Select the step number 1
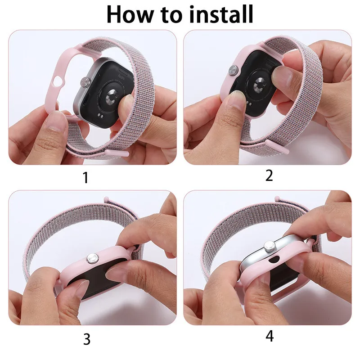[x=85, y=177]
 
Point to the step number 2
[x=269, y=175]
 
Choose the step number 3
[x=87, y=338]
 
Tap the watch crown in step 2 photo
[x=234, y=70]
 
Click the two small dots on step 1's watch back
[x=101, y=116]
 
